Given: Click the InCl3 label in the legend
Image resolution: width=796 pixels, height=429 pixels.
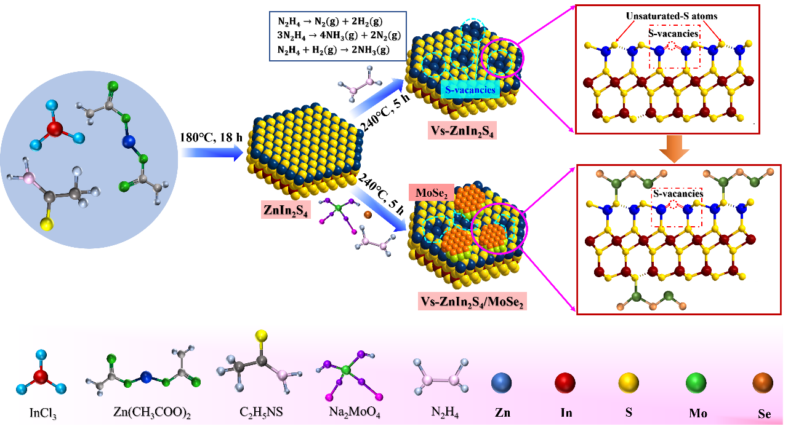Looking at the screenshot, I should pos(41,411).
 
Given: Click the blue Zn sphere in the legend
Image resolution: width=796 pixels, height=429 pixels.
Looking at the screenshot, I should pos(502,384).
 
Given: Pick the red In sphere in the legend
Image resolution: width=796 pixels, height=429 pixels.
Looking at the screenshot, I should pos(565,384).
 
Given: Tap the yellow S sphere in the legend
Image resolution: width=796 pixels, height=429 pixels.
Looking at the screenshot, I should pos(629,384).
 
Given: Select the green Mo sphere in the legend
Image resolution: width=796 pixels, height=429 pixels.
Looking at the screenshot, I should pos(696,384).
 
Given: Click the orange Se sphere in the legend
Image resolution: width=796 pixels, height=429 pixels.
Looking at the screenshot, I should pos(763,384).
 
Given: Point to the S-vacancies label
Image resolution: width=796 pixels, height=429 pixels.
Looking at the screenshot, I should pos(470,90).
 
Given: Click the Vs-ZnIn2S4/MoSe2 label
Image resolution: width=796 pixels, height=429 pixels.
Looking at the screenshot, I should pos(472,302).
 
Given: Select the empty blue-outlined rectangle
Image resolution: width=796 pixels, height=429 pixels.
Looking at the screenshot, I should pos(338,36).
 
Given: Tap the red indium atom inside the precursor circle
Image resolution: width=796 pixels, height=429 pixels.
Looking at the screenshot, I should pos(54,129).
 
